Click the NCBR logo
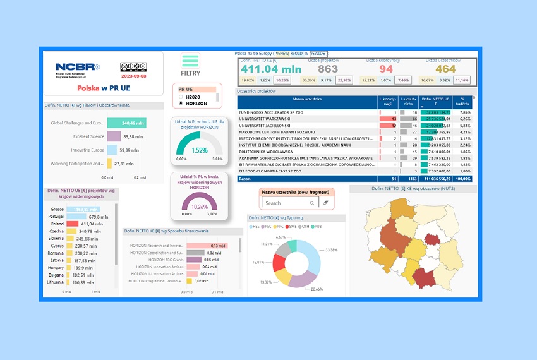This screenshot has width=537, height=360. pyautogui.click(x=78, y=66)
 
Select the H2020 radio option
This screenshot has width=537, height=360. pyautogui.click(x=181, y=97)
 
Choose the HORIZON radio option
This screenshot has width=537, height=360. pyautogui.click(x=181, y=103)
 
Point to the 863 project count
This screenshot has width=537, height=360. pyautogui.click(x=328, y=69)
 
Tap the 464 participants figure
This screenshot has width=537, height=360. pyautogui.click(x=445, y=69)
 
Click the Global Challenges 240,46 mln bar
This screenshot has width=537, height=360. pyautogui.click(x=126, y=123)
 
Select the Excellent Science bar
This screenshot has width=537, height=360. pyautogui.click(x=114, y=136)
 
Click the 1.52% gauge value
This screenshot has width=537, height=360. pyautogui.click(x=200, y=150)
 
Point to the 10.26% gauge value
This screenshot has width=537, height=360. pyautogui.click(x=200, y=207)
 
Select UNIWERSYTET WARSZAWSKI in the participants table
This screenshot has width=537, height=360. pyautogui.click(x=265, y=119)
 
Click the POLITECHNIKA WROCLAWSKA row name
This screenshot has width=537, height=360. pyautogui.click(x=267, y=152)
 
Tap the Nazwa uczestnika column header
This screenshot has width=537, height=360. pyautogui.click(x=307, y=99)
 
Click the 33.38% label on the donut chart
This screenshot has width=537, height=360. pyautogui.click(x=331, y=249)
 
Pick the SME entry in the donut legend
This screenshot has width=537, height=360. pyautogui.click(x=294, y=226)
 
